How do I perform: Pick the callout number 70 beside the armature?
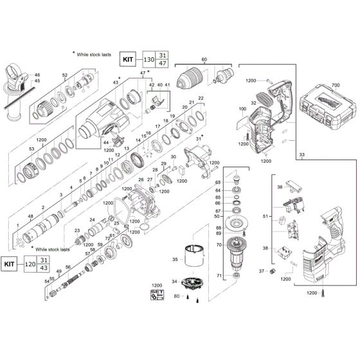point(218,245)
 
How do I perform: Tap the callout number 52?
point(65,76)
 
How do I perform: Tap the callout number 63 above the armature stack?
point(218,183)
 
